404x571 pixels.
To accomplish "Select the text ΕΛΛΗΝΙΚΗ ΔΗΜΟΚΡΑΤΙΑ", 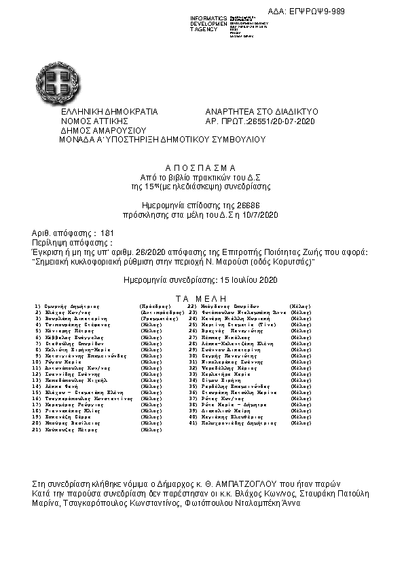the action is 109,111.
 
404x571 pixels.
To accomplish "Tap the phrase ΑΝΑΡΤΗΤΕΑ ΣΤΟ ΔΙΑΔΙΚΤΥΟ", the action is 261,111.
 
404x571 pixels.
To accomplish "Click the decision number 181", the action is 107,233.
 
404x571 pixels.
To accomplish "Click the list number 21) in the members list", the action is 37,430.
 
